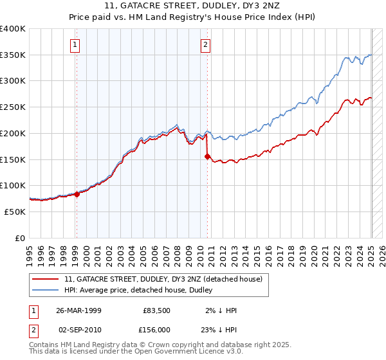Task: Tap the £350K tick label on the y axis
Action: click(13, 55)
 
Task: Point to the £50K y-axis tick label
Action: click(15, 211)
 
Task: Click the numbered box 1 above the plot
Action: click(76, 45)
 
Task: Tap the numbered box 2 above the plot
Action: click(205, 45)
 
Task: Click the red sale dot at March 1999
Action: click(77, 194)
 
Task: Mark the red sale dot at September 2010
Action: click(207, 156)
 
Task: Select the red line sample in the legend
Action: click(46, 280)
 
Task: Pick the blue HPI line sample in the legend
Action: click(46, 291)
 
